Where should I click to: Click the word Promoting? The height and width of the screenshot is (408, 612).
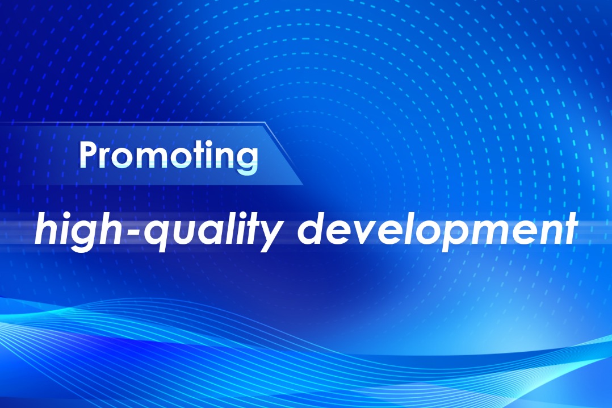click(x=168, y=156)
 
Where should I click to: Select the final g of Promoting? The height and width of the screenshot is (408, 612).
click(x=249, y=160)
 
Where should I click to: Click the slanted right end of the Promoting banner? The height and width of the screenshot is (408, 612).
click(x=284, y=153)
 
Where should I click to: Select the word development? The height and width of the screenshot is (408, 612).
click(x=437, y=231)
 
